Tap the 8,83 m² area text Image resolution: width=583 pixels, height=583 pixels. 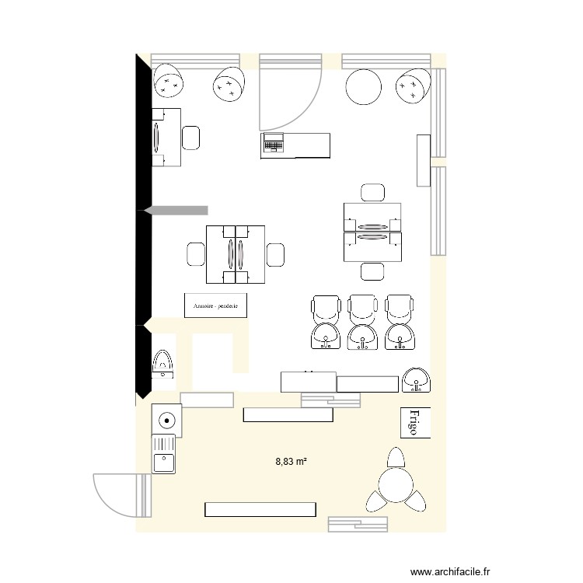coord(291,461)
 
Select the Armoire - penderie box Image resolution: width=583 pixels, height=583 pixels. coord(215,305)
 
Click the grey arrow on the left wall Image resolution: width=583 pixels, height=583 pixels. coord(176,210)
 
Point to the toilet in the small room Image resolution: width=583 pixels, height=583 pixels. coord(164,364)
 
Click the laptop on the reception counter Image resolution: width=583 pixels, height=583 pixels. coord(273,143)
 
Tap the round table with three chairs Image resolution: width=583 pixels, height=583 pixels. coord(394,485)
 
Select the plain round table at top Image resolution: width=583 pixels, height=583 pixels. coord(364,87)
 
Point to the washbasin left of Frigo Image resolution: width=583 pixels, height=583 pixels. coord(419,379)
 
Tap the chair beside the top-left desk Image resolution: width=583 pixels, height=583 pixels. coord(191,138)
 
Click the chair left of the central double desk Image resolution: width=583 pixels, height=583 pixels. coord(196,254)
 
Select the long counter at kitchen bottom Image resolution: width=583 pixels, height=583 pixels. coord(261,509)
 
